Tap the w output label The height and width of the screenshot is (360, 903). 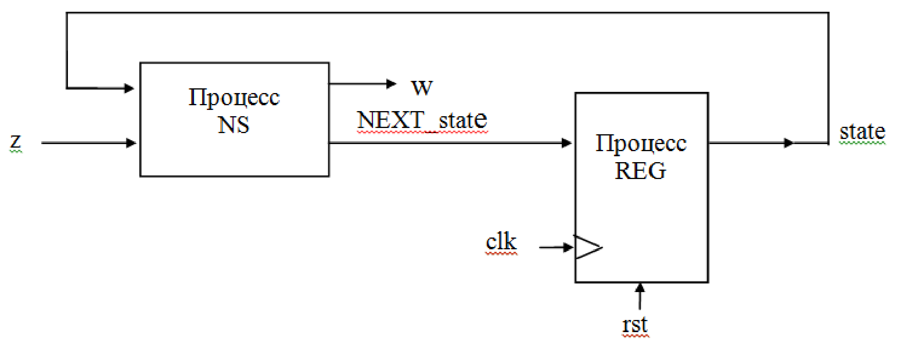pyautogui.click(x=422, y=87)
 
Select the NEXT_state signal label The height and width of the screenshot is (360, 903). pyautogui.click(x=422, y=120)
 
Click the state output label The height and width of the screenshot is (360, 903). pyautogui.click(x=862, y=132)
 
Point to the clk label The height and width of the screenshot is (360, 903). pyautogui.click(x=501, y=241)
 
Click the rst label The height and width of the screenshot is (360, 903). pyautogui.click(x=635, y=325)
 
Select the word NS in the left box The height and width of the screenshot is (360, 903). pyautogui.click(x=234, y=125)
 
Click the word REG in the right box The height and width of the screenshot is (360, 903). pyautogui.click(x=640, y=171)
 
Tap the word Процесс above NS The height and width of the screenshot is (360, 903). pyautogui.click(x=234, y=97)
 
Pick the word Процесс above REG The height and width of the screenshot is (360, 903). pyautogui.click(x=641, y=143)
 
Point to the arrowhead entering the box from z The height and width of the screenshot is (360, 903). pyautogui.click(x=131, y=143)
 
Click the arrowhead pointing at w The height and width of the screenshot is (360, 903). pyautogui.click(x=391, y=84)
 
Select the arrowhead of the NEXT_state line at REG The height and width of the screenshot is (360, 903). pyautogui.click(x=567, y=143)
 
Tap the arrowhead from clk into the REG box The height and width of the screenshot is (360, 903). pyautogui.click(x=568, y=247)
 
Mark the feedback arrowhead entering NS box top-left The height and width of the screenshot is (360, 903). pyautogui.click(x=129, y=88)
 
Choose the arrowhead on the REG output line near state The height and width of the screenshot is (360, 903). pyautogui.click(x=788, y=143)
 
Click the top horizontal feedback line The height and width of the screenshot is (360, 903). pyautogui.click(x=448, y=13)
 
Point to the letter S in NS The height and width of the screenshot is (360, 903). pyautogui.click(x=241, y=125)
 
